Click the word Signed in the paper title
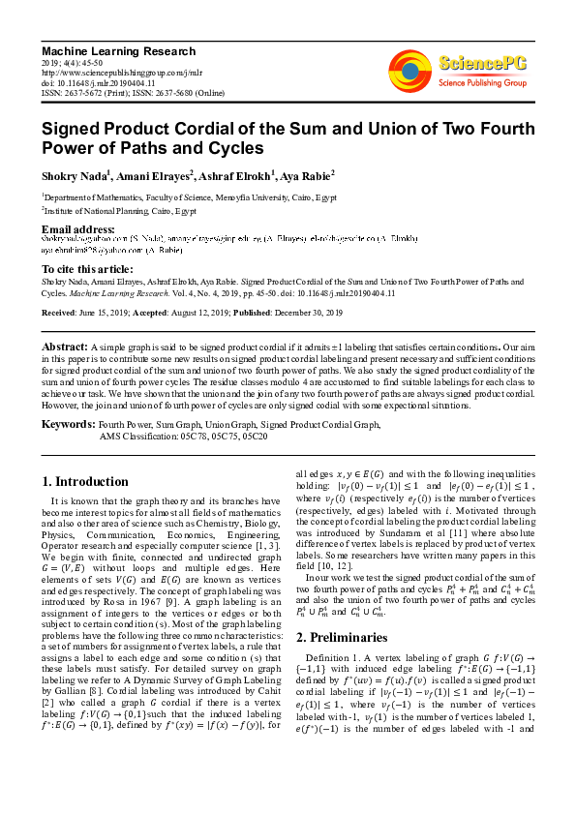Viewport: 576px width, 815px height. point(77,129)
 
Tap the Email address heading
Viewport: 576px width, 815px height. point(77,228)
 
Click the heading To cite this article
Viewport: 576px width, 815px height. point(88,268)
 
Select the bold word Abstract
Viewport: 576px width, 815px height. point(64,346)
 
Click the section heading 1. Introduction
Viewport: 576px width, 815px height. point(86,481)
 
